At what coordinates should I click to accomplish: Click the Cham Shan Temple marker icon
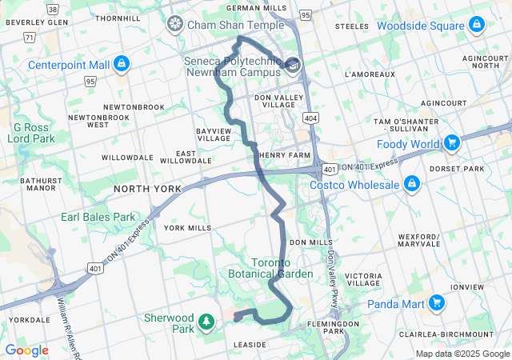tap(174, 25)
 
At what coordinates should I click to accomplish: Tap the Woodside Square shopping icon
tap(476, 26)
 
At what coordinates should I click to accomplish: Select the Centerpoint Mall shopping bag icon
tap(121, 63)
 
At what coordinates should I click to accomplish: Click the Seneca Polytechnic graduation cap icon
tap(293, 64)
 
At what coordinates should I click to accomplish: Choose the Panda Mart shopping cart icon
tap(436, 303)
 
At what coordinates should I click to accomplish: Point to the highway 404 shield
tap(310, 118)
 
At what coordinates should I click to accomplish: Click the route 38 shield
tap(53, 9)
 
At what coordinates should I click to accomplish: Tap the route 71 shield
tap(30, 37)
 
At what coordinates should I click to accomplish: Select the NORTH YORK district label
tap(147, 189)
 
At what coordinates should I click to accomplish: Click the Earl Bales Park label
tap(98, 217)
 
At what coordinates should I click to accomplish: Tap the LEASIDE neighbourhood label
tap(250, 345)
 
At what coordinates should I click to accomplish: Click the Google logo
tap(26, 350)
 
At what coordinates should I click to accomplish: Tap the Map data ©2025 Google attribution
tap(462, 354)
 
